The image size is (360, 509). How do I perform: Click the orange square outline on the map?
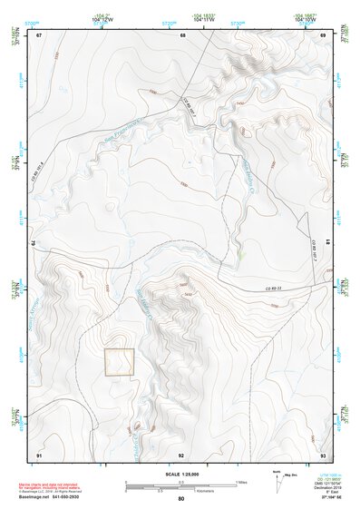pos(119,361)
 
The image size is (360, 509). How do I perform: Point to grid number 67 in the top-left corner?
pos(39,35)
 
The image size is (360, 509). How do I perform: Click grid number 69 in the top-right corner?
pos(324,35)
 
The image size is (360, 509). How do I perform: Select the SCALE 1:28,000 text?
pos(181,474)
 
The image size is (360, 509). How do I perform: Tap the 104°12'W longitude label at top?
pos(102,20)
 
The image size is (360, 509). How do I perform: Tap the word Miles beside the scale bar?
pos(241,481)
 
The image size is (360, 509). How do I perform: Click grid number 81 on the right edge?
pos(326,243)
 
